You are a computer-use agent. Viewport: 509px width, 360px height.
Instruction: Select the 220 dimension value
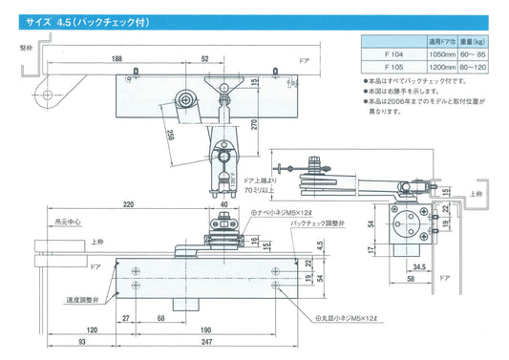(127, 204)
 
